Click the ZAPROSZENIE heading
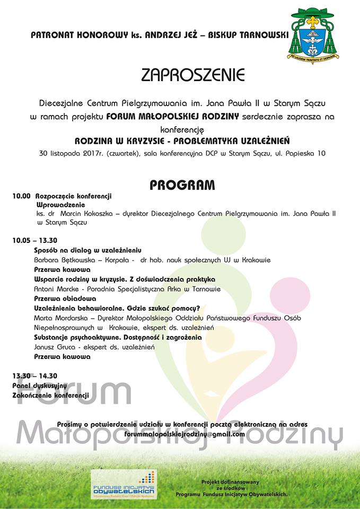[x=192, y=75]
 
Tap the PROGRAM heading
[x=182, y=185]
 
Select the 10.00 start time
[x=22, y=196]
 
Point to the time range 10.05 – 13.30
[x=35, y=240]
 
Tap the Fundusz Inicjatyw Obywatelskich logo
[x=123, y=484]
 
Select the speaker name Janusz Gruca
[x=52, y=347]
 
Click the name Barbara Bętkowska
[x=60, y=260]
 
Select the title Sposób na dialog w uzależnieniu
[x=87, y=250]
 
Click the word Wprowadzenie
[x=61, y=204]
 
